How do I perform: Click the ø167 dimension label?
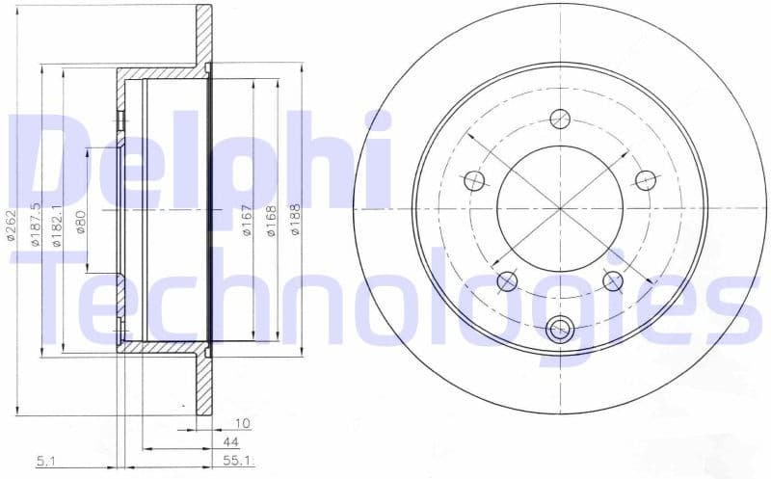[248, 224]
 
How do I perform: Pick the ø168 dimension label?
[272, 224]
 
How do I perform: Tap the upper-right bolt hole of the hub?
[646, 180]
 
